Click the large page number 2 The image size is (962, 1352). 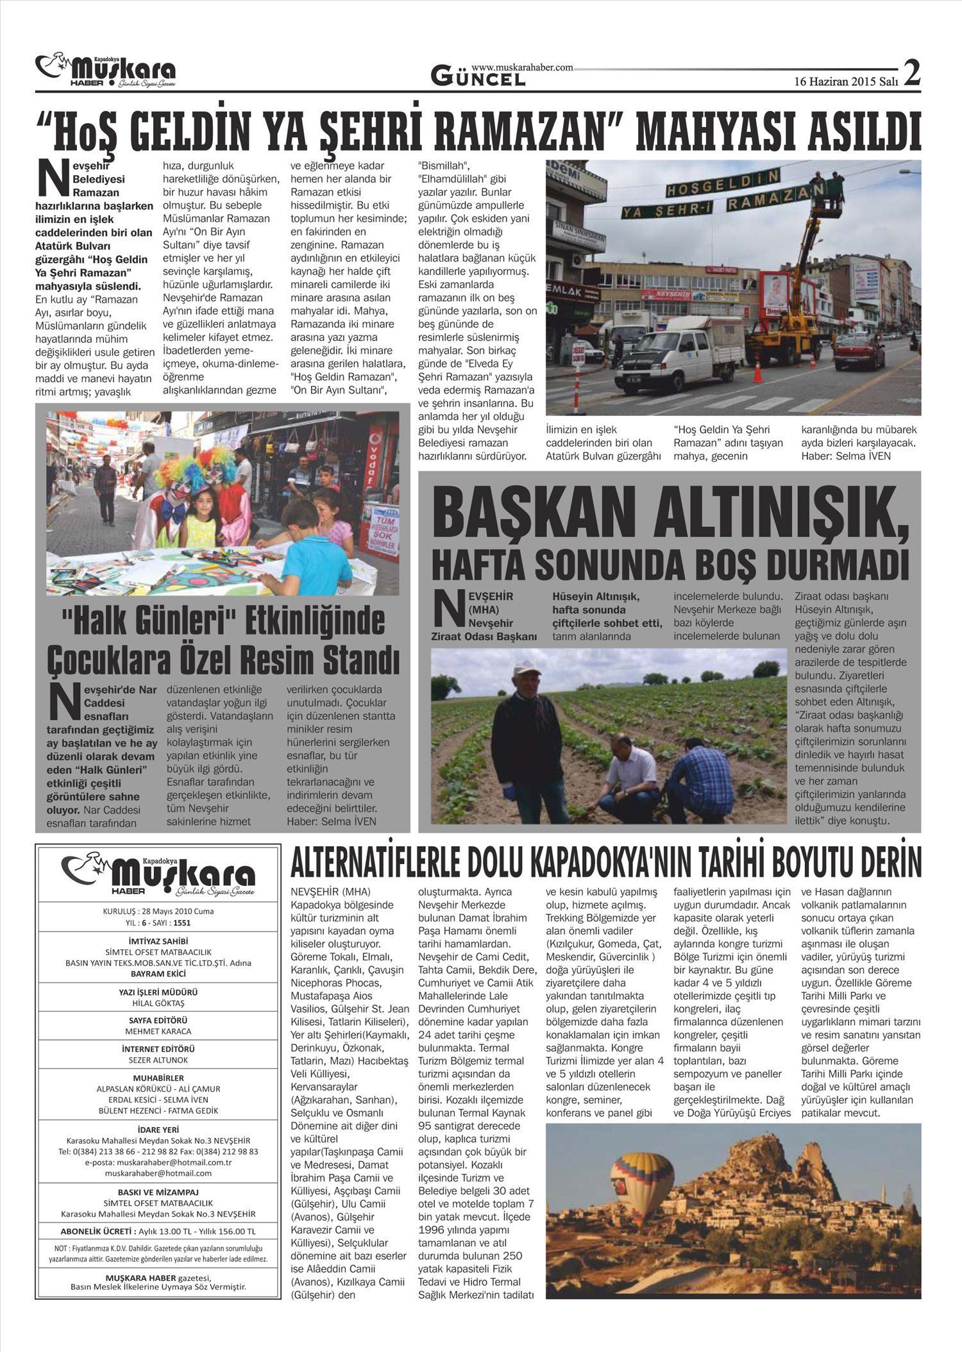[x=911, y=72]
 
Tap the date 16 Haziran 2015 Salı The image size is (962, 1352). [x=846, y=81]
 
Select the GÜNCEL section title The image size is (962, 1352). [x=478, y=78]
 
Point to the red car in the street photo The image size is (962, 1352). [x=859, y=353]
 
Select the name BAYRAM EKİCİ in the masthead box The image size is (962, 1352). [x=158, y=973]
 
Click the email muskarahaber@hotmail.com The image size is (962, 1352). [x=158, y=1173]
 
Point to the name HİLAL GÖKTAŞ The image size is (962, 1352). [x=158, y=1003]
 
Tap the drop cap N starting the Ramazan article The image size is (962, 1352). [x=53, y=178]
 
